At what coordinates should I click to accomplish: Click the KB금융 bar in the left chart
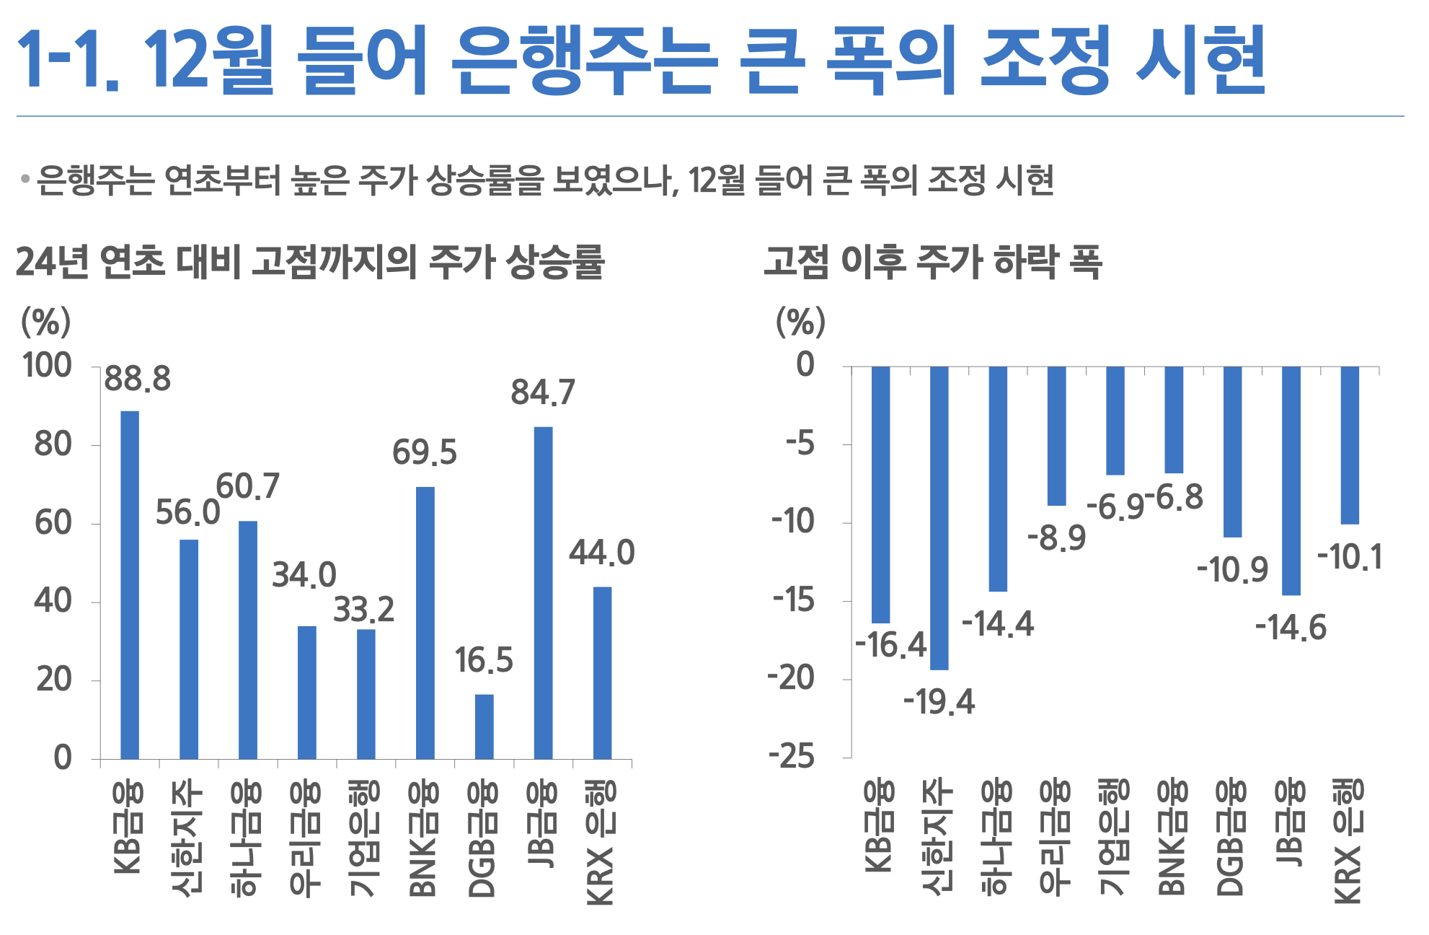pyautogui.click(x=130, y=584)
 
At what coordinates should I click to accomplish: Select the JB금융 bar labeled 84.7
pyautogui.click(x=543, y=592)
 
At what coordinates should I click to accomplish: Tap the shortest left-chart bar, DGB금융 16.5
pyautogui.click(x=484, y=726)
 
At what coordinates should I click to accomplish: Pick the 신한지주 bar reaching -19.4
pyautogui.click(x=939, y=518)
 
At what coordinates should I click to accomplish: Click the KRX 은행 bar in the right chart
pyautogui.click(x=1350, y=445)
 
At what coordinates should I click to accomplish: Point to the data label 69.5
pyautogui.click(x=425, y=453)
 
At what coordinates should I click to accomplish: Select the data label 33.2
pyautogui.click(x=363, y=610)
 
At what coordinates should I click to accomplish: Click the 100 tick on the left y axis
pyautogui.click(x=48, y=366)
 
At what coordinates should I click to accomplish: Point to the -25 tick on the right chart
pyautogui.click(x=791, y=757)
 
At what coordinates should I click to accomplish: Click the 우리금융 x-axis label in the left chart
pyautogui.click(x=306, y=838)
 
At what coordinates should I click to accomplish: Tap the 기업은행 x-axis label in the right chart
pyautogui.click(x=1115, y=837)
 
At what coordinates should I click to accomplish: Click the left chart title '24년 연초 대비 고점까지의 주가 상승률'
pyautogui.click(x=310, y=262)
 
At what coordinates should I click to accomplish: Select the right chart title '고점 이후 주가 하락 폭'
pyautogui.click(x=933, y=262)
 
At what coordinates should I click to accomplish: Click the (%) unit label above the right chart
pyautogui.click(x=800, y=322)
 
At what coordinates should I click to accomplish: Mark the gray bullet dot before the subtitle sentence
pyautogui.click(x=25, y=178)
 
